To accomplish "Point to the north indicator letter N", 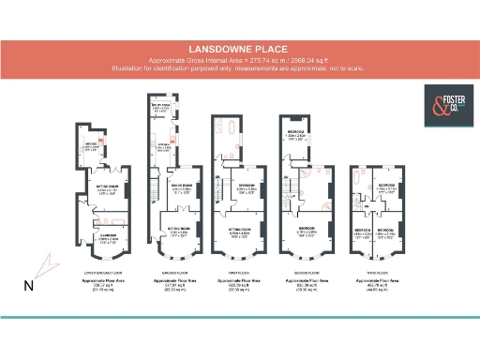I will pos(30,286).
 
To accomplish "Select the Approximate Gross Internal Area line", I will pos(239,61).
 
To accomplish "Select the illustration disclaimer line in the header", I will pos(239,67).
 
